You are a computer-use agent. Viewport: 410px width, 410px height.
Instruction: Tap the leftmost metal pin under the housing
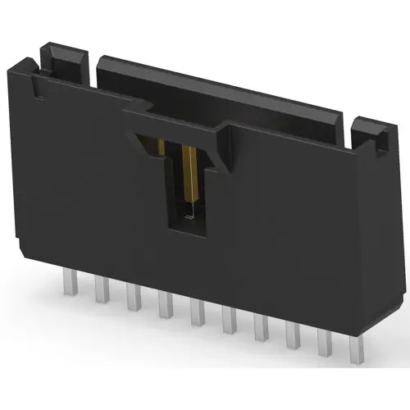[68, 282]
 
